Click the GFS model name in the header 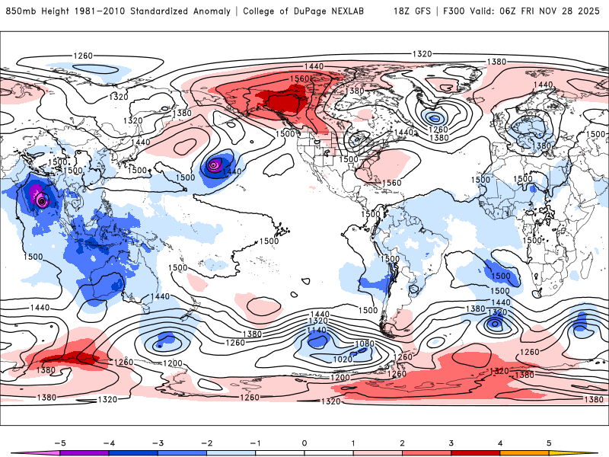pyautogui.click(x=423, y=11)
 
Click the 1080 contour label pyautogui.click(x=365, y=344)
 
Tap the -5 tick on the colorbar pyautogui.click(x=55, y=442)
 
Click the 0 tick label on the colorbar pyautogui.click(x=304, y=442)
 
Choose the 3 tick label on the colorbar pyautogui.click(x=450, y=442)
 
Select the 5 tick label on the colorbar pyautogui.click(x=549, y=442)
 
